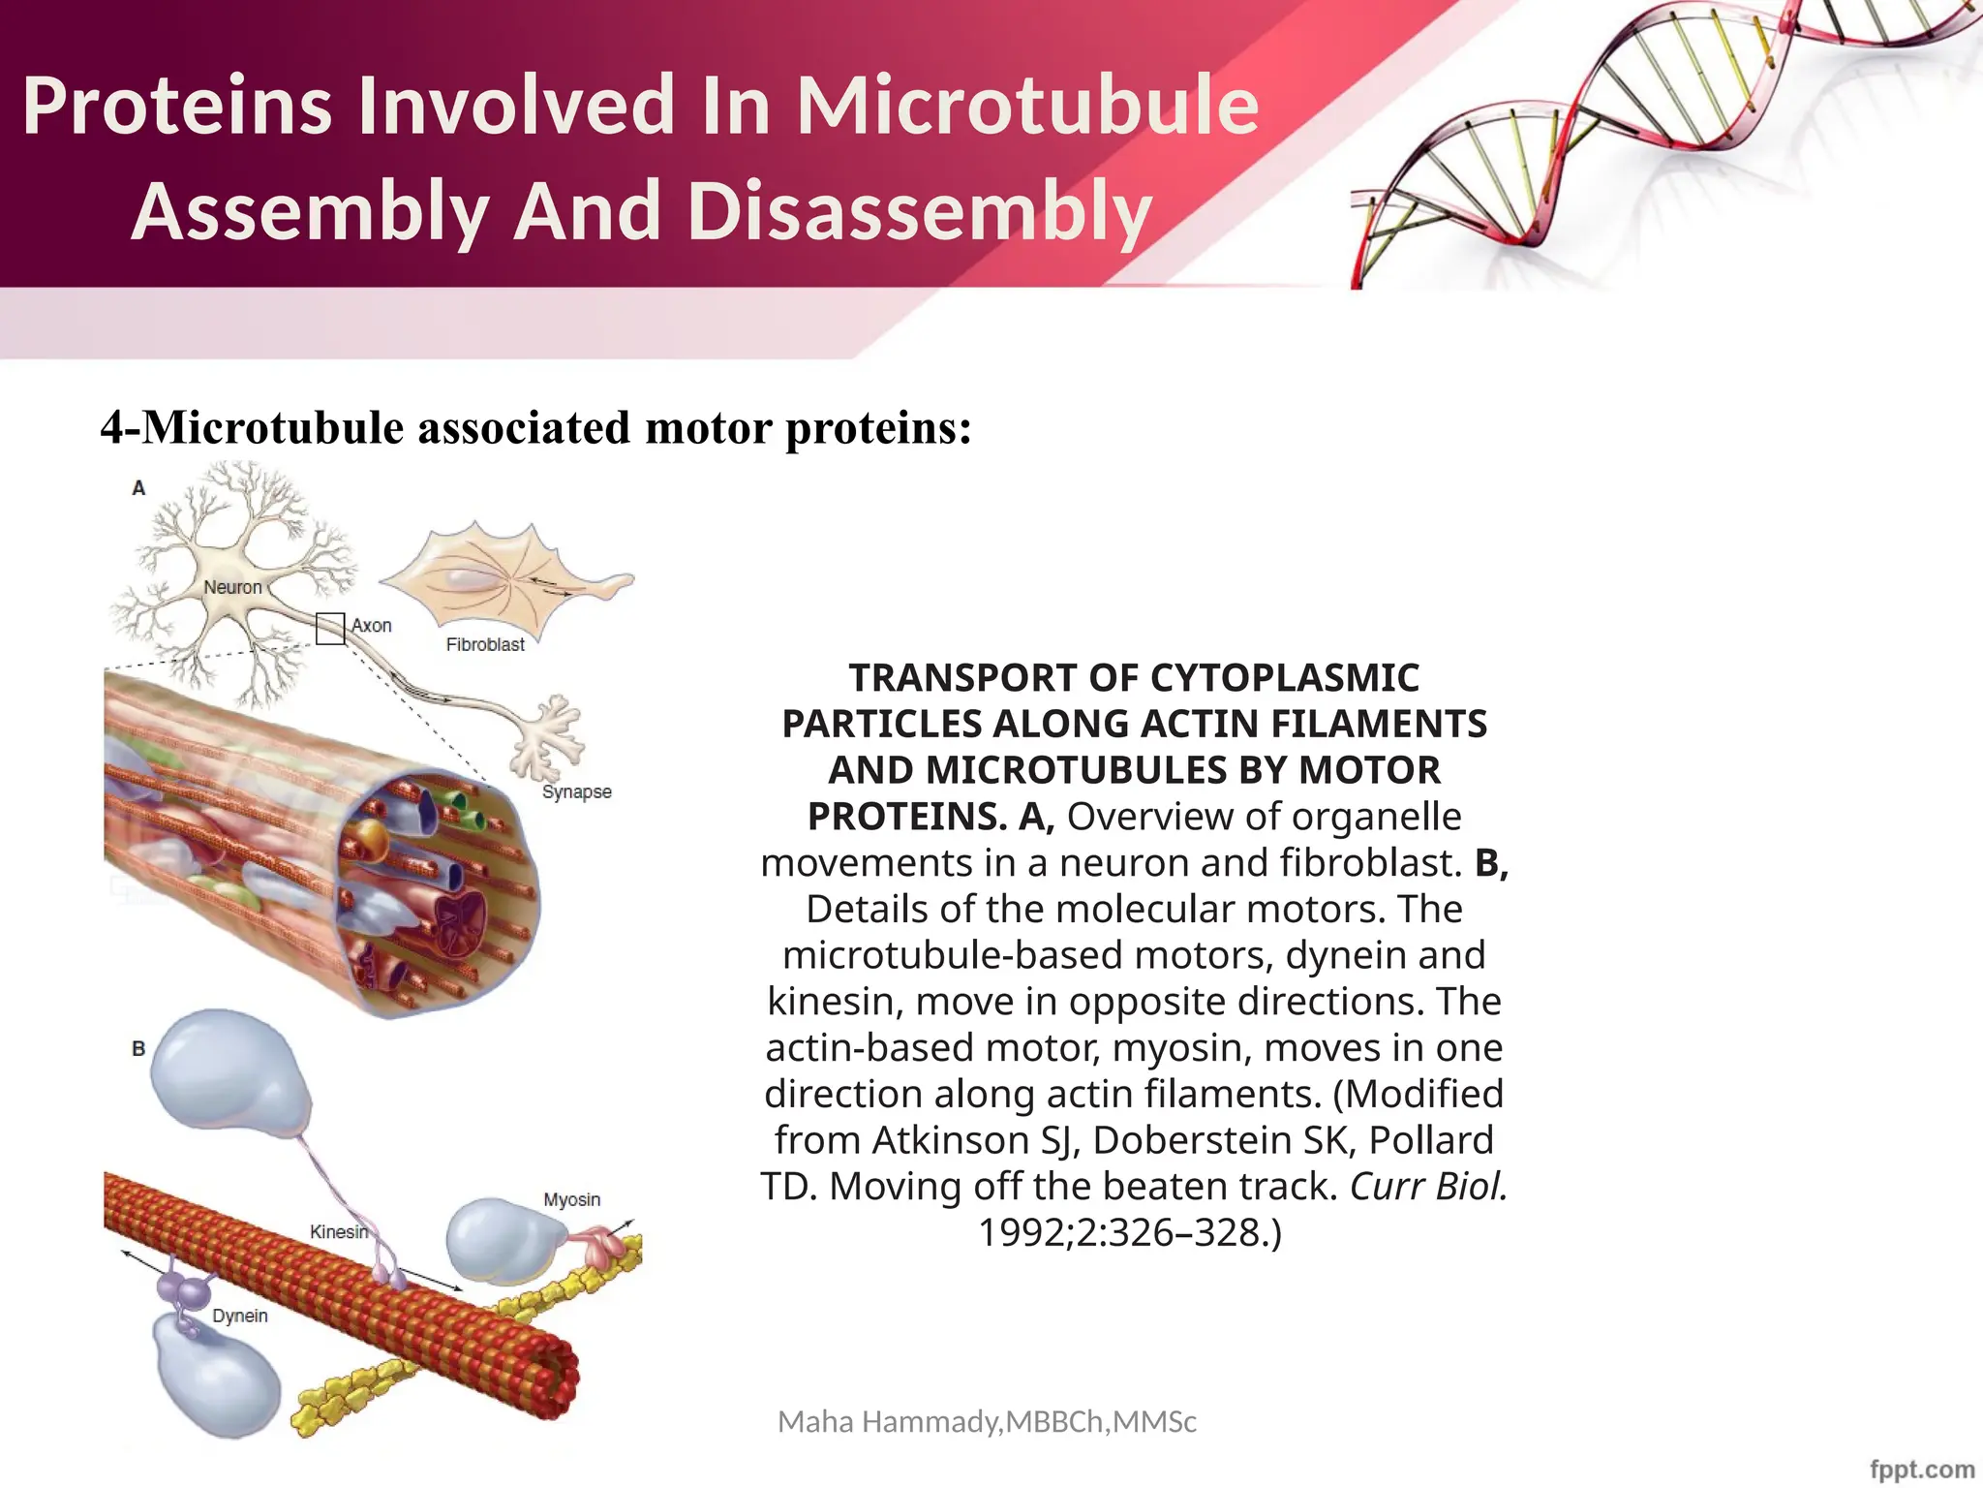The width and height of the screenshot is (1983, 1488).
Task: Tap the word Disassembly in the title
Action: (920, 211)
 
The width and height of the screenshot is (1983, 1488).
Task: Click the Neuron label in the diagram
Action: (232, 587)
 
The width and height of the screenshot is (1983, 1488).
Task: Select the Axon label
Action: (372, 626)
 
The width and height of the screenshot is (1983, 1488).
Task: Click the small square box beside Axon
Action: (330, 629)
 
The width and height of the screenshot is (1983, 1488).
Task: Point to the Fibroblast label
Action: (485, 644)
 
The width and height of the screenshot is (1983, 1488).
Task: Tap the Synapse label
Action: (577, 791)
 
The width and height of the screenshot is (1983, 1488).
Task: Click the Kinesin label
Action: (338, 1232)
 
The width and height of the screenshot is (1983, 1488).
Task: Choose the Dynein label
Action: (240, 1316)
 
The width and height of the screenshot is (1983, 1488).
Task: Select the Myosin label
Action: (571, 1199)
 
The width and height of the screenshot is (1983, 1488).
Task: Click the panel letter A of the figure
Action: (138, 488)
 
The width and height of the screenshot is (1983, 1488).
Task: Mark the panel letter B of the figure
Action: (138, 1048)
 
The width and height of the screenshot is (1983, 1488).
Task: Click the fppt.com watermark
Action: (1921, 1470)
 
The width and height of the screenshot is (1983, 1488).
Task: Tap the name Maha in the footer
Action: (815, 1421)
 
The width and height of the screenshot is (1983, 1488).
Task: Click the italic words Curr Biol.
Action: (1428, 1186)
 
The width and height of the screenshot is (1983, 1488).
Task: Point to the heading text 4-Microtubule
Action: (252, 427)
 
